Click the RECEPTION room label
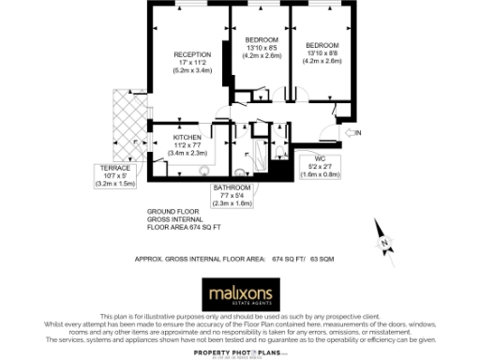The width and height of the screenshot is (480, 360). [x=192, y=54]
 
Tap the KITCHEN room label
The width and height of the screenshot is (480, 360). [x=187, y=137]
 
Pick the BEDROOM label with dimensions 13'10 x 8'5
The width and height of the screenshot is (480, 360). [x=260, y=40]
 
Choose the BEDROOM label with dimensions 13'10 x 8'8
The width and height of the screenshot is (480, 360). [x=322, y=45]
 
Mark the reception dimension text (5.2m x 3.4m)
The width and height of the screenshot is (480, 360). [x=192, y=70]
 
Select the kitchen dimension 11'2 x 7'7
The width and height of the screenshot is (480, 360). [x=187, y=144]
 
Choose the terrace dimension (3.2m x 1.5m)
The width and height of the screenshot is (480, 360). [x=115, y=184]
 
